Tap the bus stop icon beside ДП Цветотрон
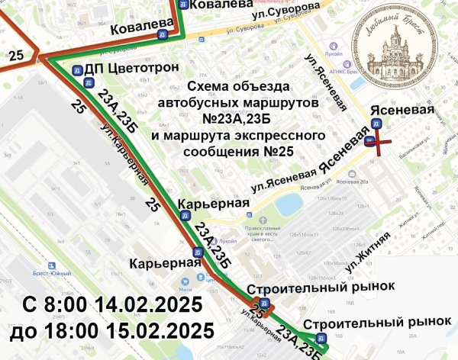(x=77, y=70)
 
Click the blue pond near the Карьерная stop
(x=289, y=204)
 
